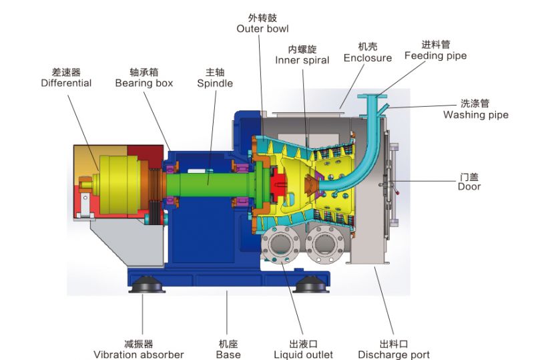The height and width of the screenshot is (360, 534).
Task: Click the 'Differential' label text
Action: point(66,83)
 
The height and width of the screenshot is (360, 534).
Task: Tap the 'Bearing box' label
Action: point(144,83)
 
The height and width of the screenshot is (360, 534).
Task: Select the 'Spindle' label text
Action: point(215,83)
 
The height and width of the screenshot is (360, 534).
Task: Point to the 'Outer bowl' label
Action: point(262,29)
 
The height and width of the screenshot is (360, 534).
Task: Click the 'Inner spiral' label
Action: point(302,60)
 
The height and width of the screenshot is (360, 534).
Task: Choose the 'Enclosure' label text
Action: point(368,58)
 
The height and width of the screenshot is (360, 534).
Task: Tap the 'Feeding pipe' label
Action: point(436,55)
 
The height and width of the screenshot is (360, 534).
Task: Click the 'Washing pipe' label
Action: point(476,115)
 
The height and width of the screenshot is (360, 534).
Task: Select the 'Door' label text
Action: point(469,186)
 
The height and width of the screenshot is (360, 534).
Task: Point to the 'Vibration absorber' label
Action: point(139,355)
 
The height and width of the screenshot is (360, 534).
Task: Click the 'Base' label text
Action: point(228,355)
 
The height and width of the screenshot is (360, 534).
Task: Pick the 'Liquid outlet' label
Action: point(303,355)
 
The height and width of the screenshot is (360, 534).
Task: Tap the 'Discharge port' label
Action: point(394,355)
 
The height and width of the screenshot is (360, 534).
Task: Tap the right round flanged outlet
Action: point(325,244)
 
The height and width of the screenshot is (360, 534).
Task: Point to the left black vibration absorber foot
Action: point(147,285)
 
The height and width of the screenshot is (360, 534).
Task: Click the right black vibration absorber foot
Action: point(310,285)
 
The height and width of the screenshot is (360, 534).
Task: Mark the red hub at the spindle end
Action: point(278,184)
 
